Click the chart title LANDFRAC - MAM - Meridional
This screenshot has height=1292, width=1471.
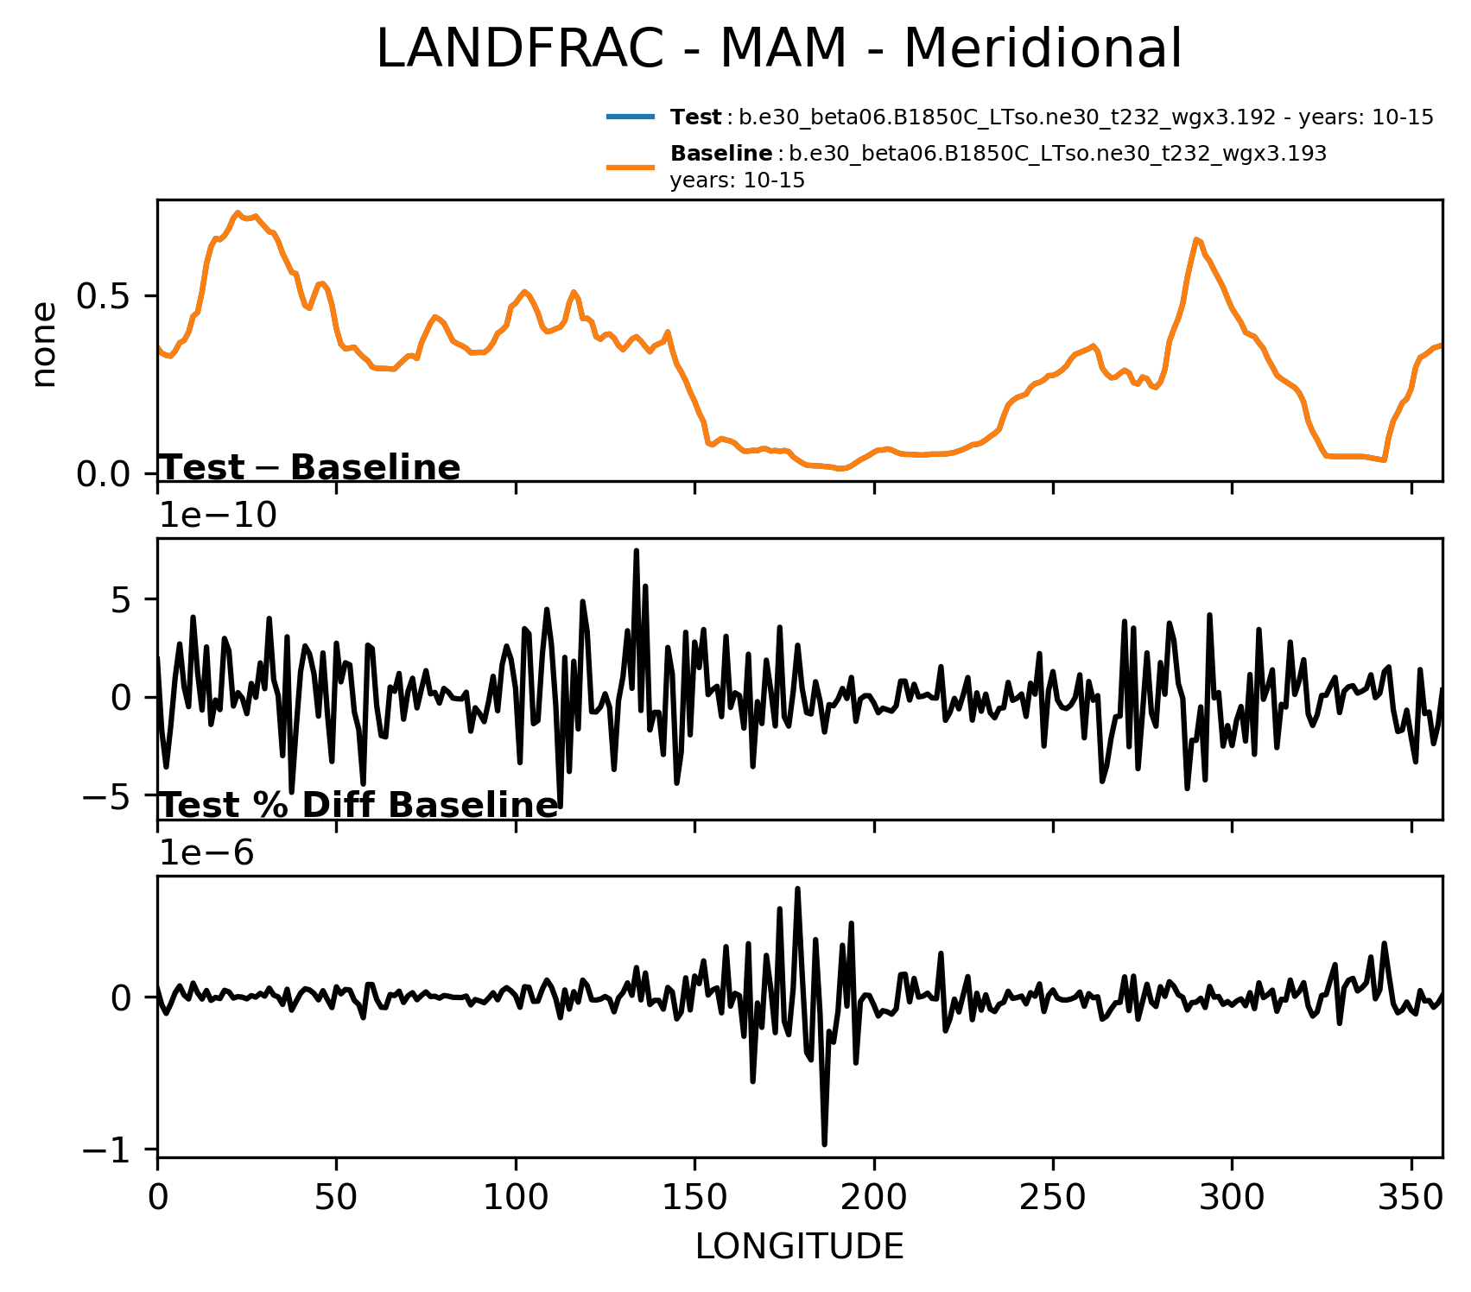[x=778, y=49]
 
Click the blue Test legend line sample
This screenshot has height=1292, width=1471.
[x=631, y=117]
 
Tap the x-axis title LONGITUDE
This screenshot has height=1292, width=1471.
[x=799, y=1247]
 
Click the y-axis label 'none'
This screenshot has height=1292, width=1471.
[x=43, y=345]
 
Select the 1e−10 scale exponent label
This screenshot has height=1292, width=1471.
[x=219, y=516]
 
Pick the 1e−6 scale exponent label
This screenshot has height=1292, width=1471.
[x=207, y=853]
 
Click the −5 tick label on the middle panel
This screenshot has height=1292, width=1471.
[x=109, y=795]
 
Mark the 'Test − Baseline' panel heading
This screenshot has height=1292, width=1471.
[x=311, y=468]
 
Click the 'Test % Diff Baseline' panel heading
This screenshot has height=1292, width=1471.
[x=359, y=806]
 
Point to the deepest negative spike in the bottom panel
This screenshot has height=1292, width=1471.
[x=825, y=1143]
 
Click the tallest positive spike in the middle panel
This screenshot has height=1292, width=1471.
[x=636, y=551]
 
